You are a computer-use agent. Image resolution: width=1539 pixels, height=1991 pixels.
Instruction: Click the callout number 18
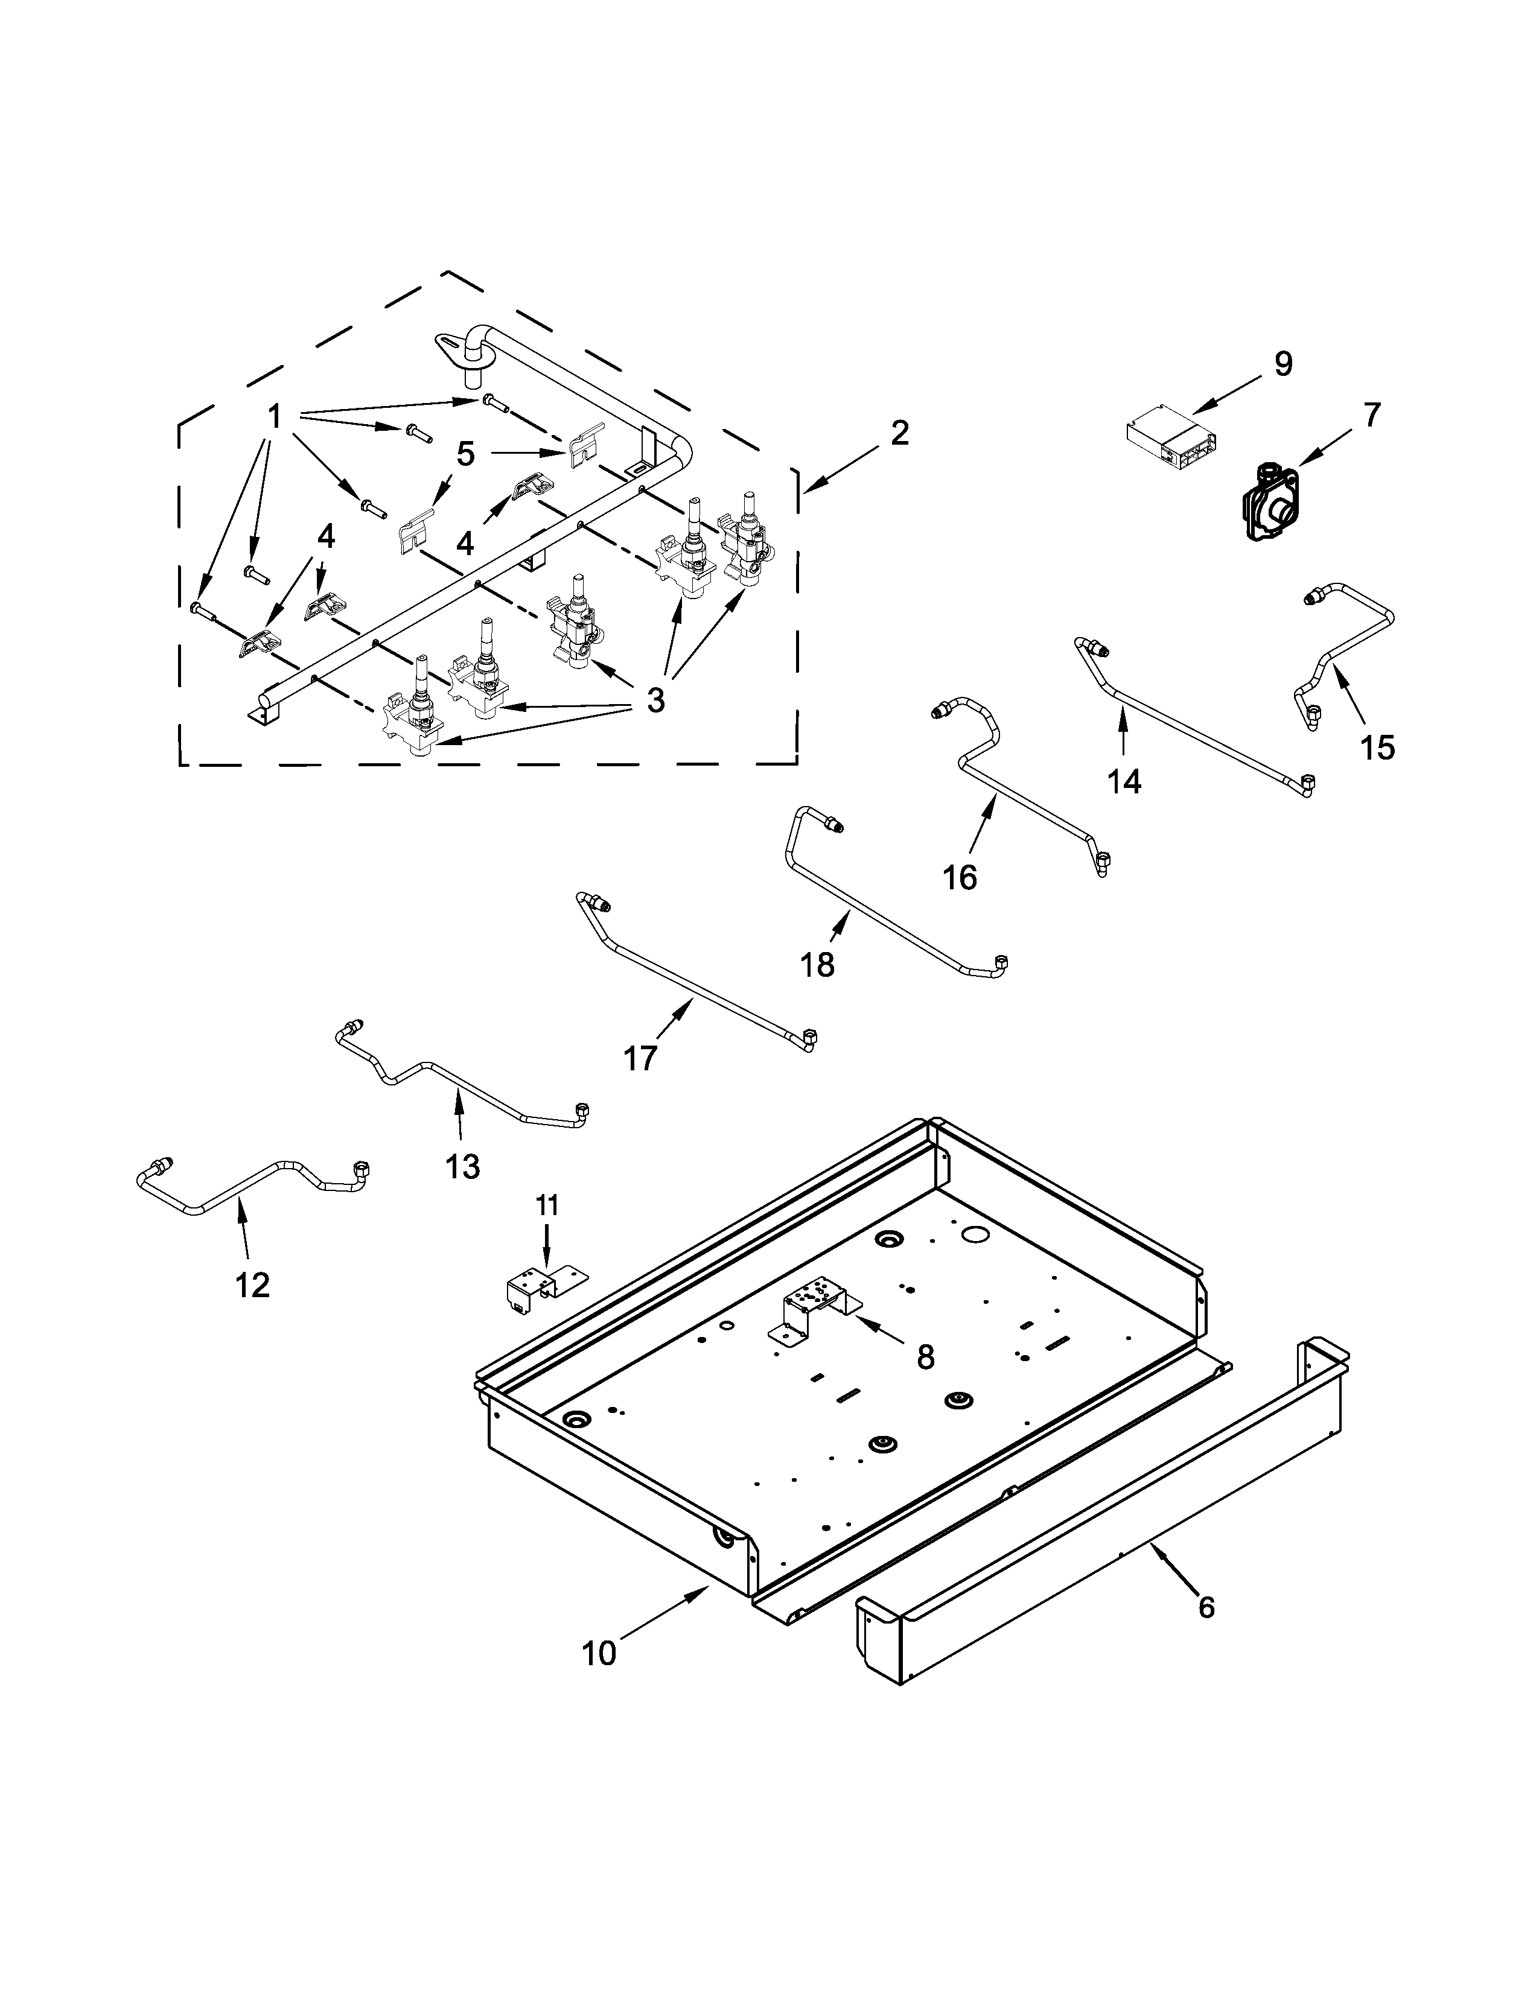pos(818,964)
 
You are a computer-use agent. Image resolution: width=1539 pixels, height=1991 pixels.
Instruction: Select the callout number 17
pos(640,1058)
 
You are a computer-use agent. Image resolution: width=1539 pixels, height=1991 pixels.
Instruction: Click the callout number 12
pos(252,1284)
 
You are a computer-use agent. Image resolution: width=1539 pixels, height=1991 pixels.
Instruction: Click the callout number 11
pos(546,1205)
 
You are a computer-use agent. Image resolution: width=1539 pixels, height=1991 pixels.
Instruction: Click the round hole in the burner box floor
pos(975,1235)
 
